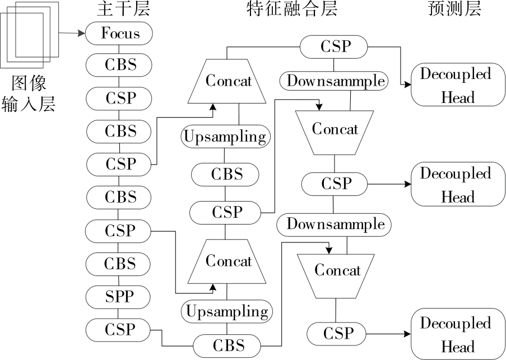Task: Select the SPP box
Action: (119, 296)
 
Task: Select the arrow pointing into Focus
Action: (71, 33)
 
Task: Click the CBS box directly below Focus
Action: (120, 64)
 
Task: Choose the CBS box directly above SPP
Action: (120, 263)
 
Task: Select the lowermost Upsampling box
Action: (227, 311)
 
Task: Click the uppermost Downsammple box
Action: (336, 81)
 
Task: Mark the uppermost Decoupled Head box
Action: (454, 85)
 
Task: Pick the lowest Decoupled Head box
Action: (454, 334)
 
